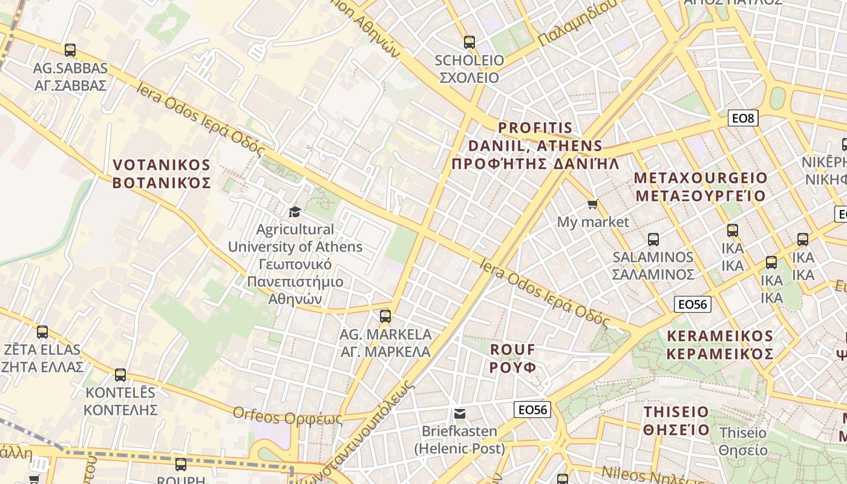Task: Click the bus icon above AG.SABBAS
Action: pos(70,50)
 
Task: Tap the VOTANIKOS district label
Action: pos(162,174)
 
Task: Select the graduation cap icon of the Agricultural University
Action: pos(295,212)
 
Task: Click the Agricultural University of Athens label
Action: pos(295,264)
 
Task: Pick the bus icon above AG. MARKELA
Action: pos(385,316)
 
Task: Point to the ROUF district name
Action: pos(513,358)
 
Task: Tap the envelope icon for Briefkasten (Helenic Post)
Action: pos(460,414)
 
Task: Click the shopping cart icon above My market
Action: pos(593,204)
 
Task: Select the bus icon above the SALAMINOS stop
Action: pos(653,239)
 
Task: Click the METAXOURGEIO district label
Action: pos(701,187)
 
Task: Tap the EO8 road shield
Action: pos(742,119)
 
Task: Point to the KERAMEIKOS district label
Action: pos(720,345)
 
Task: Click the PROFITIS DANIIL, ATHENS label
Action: pos(535,146)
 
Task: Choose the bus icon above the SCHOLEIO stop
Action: pos(469,42)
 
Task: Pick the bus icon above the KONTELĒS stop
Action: pos(120,375)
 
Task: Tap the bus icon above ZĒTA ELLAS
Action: pos(42,332)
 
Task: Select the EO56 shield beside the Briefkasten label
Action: pos(532,410)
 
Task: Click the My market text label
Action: pos(593,222)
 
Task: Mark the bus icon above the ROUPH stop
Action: pos(181,465)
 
